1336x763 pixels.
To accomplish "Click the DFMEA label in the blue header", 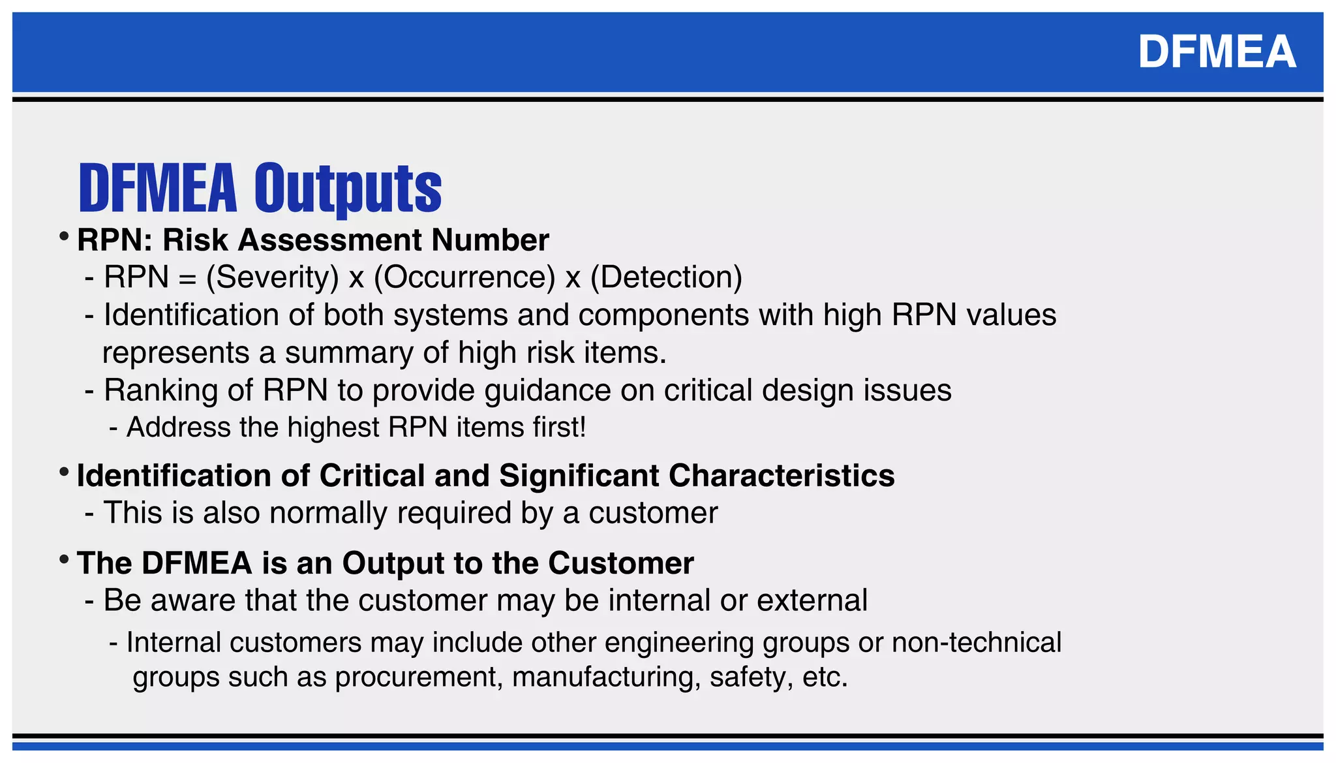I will [1217, 52].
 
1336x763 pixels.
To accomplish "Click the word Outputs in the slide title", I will [348, 189].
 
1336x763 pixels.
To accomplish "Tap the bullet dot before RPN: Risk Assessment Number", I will [63, 236].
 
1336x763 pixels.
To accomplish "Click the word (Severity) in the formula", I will [273, 277].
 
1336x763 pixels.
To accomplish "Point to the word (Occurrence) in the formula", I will [464, 277].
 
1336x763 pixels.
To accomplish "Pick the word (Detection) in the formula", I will [666, 277].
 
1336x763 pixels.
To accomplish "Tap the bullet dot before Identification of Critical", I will [63, 472].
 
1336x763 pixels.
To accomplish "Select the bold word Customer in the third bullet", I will [620, 563].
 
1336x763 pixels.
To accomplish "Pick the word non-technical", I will [977, 642].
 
